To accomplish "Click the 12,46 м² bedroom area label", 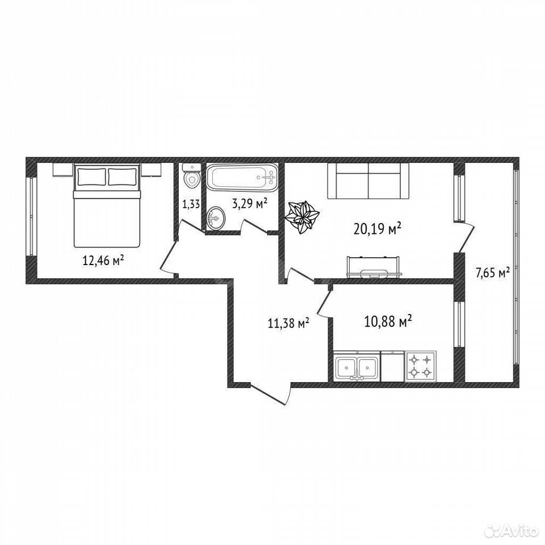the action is click(x=103, y=260).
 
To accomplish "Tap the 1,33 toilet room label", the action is click(x=191, y=204).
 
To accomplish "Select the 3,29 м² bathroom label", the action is click(x=250, y=203).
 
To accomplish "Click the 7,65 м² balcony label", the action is click(x=492, y=272).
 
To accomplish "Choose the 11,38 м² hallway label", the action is click(x=288, y=323).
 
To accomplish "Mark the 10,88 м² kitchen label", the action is click(x=388, y=321).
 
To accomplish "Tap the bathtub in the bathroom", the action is click(x=242, y=178).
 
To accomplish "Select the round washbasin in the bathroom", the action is click(x=216, y=218).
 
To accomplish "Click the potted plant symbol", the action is click(x=301, y=217).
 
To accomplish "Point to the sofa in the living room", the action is click(x=368, y=181).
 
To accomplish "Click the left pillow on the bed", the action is click(x=91, y=177).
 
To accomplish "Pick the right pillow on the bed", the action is click(x=122, y=177).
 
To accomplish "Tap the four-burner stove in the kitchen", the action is click(x=421, y=366).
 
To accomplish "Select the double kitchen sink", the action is click(x=357, y=366).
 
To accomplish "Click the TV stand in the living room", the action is click(x=375, y=267).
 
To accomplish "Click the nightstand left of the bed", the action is click(x=63, y=170).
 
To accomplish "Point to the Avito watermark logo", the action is click(x=511, y=531).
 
